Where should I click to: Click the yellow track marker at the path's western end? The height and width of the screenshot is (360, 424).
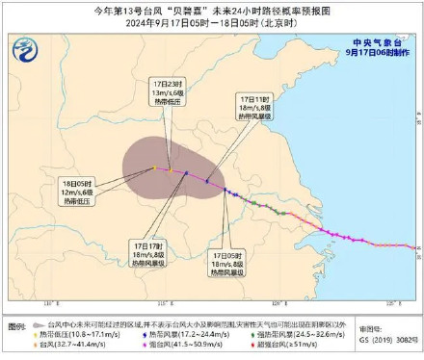(x=155, y=167)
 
